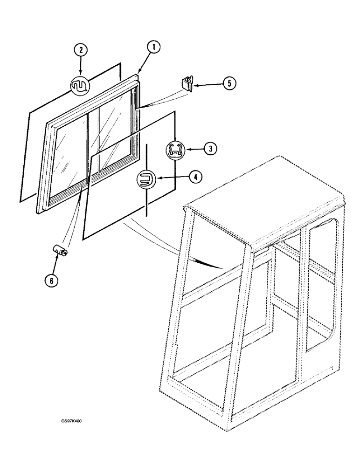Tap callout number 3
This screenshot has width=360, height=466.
point(210,149)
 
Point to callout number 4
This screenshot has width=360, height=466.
point(195,177)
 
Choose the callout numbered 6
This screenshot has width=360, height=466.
point(52,281)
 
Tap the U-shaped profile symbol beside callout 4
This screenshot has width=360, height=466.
point(145,179)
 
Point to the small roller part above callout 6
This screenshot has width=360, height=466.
point(61,251)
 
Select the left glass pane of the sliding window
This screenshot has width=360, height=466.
point(70,154)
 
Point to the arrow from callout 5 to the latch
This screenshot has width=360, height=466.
point(208,85)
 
